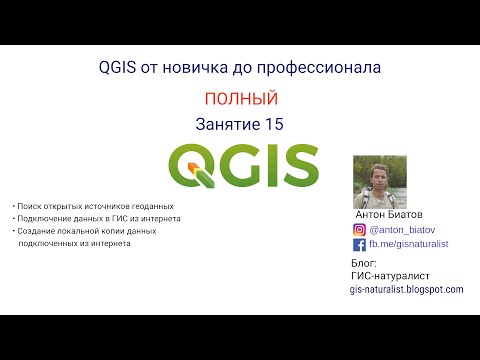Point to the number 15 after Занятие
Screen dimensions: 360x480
click(274, 124)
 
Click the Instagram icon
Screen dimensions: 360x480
click(360, 229)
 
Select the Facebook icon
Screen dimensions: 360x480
click(360, 244)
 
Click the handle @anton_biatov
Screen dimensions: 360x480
click(403, 229)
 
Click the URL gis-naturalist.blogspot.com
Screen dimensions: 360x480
click(407, 289)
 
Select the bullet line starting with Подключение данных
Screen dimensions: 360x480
click(98, 218)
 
